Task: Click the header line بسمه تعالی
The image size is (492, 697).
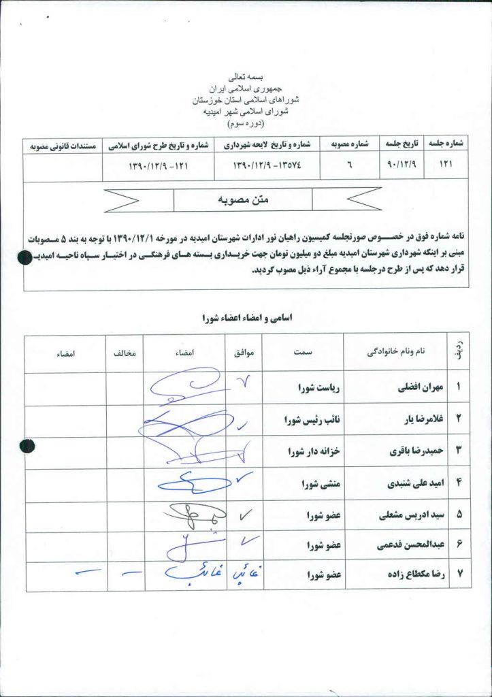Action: click(x=246, y=78)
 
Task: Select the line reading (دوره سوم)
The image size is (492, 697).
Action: click(x=246, y=123)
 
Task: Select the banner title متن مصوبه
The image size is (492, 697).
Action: click(x=243, y=200)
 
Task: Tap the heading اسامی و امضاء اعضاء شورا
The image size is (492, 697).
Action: click(x=244, y=317)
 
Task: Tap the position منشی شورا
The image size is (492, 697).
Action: click(x=319, y=484)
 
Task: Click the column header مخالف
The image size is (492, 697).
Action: click(x=124, y=354)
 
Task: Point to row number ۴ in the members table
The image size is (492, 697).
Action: click(x=459, y=483)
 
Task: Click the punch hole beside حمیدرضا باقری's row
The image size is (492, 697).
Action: click(x=27, y=446)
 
